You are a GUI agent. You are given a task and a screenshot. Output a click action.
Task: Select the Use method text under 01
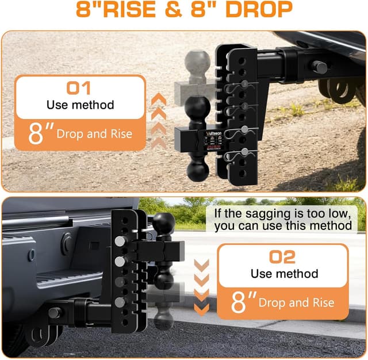click(80, 105)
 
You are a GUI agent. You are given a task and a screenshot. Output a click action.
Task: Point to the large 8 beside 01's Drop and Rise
click(38, 134)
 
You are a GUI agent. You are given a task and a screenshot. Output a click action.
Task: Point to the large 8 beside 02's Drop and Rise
click(240, 302)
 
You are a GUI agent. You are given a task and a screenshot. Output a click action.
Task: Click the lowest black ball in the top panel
click(197, 171)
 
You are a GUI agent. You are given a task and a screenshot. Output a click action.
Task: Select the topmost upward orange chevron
click(159, 100)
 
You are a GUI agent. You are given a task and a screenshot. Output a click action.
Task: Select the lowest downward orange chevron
click(201, 308)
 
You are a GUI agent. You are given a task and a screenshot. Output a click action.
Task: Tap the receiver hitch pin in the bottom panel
click(55, 313)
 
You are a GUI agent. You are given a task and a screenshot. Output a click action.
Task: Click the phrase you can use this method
click(283, 226)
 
